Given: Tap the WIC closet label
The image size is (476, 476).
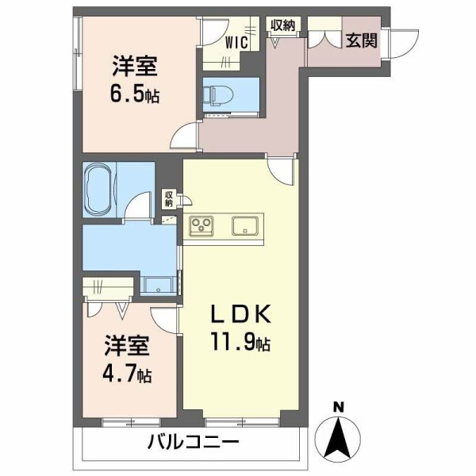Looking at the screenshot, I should tap(236, 41).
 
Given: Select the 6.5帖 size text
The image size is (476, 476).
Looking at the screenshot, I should tap(133, 94).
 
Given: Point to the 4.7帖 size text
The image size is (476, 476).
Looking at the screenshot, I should tap(127, 372).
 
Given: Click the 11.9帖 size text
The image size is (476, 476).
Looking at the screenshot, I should tap(241, 344).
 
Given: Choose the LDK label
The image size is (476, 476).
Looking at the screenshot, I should tap(241, 314).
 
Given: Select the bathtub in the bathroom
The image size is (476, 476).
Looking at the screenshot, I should tap(99, 190).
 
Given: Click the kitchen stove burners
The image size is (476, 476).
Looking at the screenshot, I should tap(202, 225).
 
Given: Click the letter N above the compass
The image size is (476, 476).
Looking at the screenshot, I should tap(339, 408).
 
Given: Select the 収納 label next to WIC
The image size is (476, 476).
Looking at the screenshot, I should tap(282, 25).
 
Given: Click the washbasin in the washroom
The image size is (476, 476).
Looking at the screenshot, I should tap(159, 286).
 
